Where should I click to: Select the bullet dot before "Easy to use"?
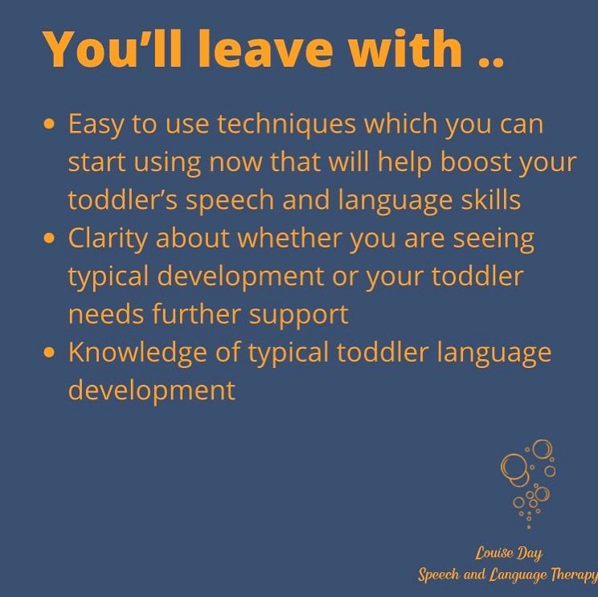click(x=51, y=125)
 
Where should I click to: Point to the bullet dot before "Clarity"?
click(x=51, y=239)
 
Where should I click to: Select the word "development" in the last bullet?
click(x=152, y=390)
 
